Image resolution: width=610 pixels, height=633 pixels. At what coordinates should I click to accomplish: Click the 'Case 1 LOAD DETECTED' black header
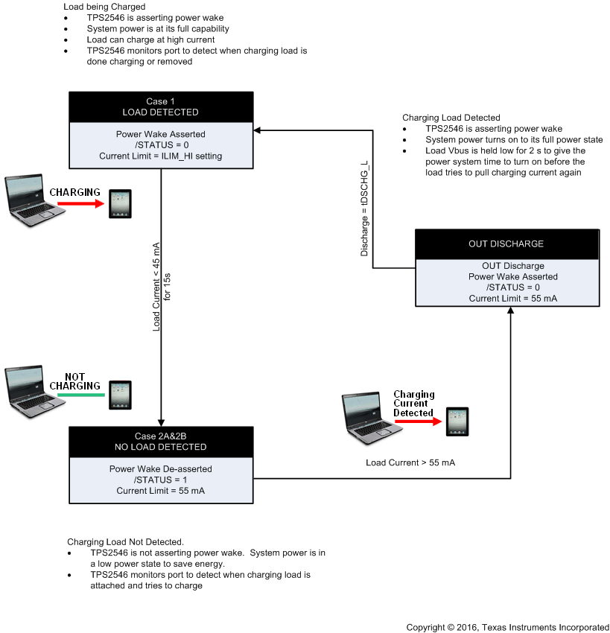point(161,106)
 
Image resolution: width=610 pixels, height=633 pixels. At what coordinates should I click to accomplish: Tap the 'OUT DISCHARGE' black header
point(506,244)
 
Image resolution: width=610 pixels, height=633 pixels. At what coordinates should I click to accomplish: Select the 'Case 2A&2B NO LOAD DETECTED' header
point(161,441)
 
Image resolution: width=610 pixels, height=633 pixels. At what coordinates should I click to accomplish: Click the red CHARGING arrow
point(75,203)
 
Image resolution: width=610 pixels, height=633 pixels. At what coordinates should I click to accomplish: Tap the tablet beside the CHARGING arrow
point(120,203)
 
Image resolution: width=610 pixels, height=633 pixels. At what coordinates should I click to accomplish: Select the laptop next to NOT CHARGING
point(28,389)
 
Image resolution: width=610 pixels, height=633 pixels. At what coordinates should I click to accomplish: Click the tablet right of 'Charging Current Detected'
point(457,422)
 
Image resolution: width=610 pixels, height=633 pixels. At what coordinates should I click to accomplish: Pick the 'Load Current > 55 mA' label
point(410,462)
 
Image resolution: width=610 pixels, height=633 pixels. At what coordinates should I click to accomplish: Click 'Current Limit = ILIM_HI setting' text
point(161,156)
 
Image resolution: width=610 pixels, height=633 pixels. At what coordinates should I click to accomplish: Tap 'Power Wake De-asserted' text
point(161,469)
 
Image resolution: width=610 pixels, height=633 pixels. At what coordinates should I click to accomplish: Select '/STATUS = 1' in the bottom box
point(161,480)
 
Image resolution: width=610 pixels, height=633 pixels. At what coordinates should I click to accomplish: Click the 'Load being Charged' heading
point(104,6)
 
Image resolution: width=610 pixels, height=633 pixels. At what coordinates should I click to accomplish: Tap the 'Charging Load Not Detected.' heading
point(125,541)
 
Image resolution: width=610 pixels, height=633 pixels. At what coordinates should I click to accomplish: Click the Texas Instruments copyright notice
point(507,627)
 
